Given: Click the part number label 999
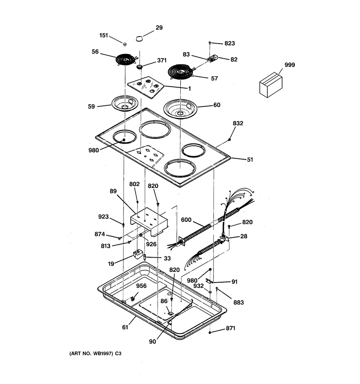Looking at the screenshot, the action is [x=289, y=65].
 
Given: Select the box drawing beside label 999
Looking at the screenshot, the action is [x=271, y=85].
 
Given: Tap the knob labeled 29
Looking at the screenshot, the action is [x=139, y=39].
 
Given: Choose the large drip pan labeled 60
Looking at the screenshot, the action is [x=180, y=109].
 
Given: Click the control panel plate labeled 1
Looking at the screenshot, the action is [x=145, y=87].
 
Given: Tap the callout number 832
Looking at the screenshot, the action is [x=238, y=123].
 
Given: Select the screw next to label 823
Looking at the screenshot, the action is [x=210, y=43].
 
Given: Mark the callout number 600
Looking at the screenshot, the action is [x=186, y=220].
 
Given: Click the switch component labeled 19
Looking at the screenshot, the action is [x=138, y=254].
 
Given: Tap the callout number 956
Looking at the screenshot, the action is [x=141, y=286].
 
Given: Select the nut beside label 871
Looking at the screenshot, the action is [x=210, y=332].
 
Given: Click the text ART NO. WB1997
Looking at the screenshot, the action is [x=91, y=353].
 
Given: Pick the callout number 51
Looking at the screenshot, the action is [x=250, y=160].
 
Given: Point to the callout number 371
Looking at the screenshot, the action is [x=162, y=60].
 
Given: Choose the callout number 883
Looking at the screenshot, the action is [x=238, y=302].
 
